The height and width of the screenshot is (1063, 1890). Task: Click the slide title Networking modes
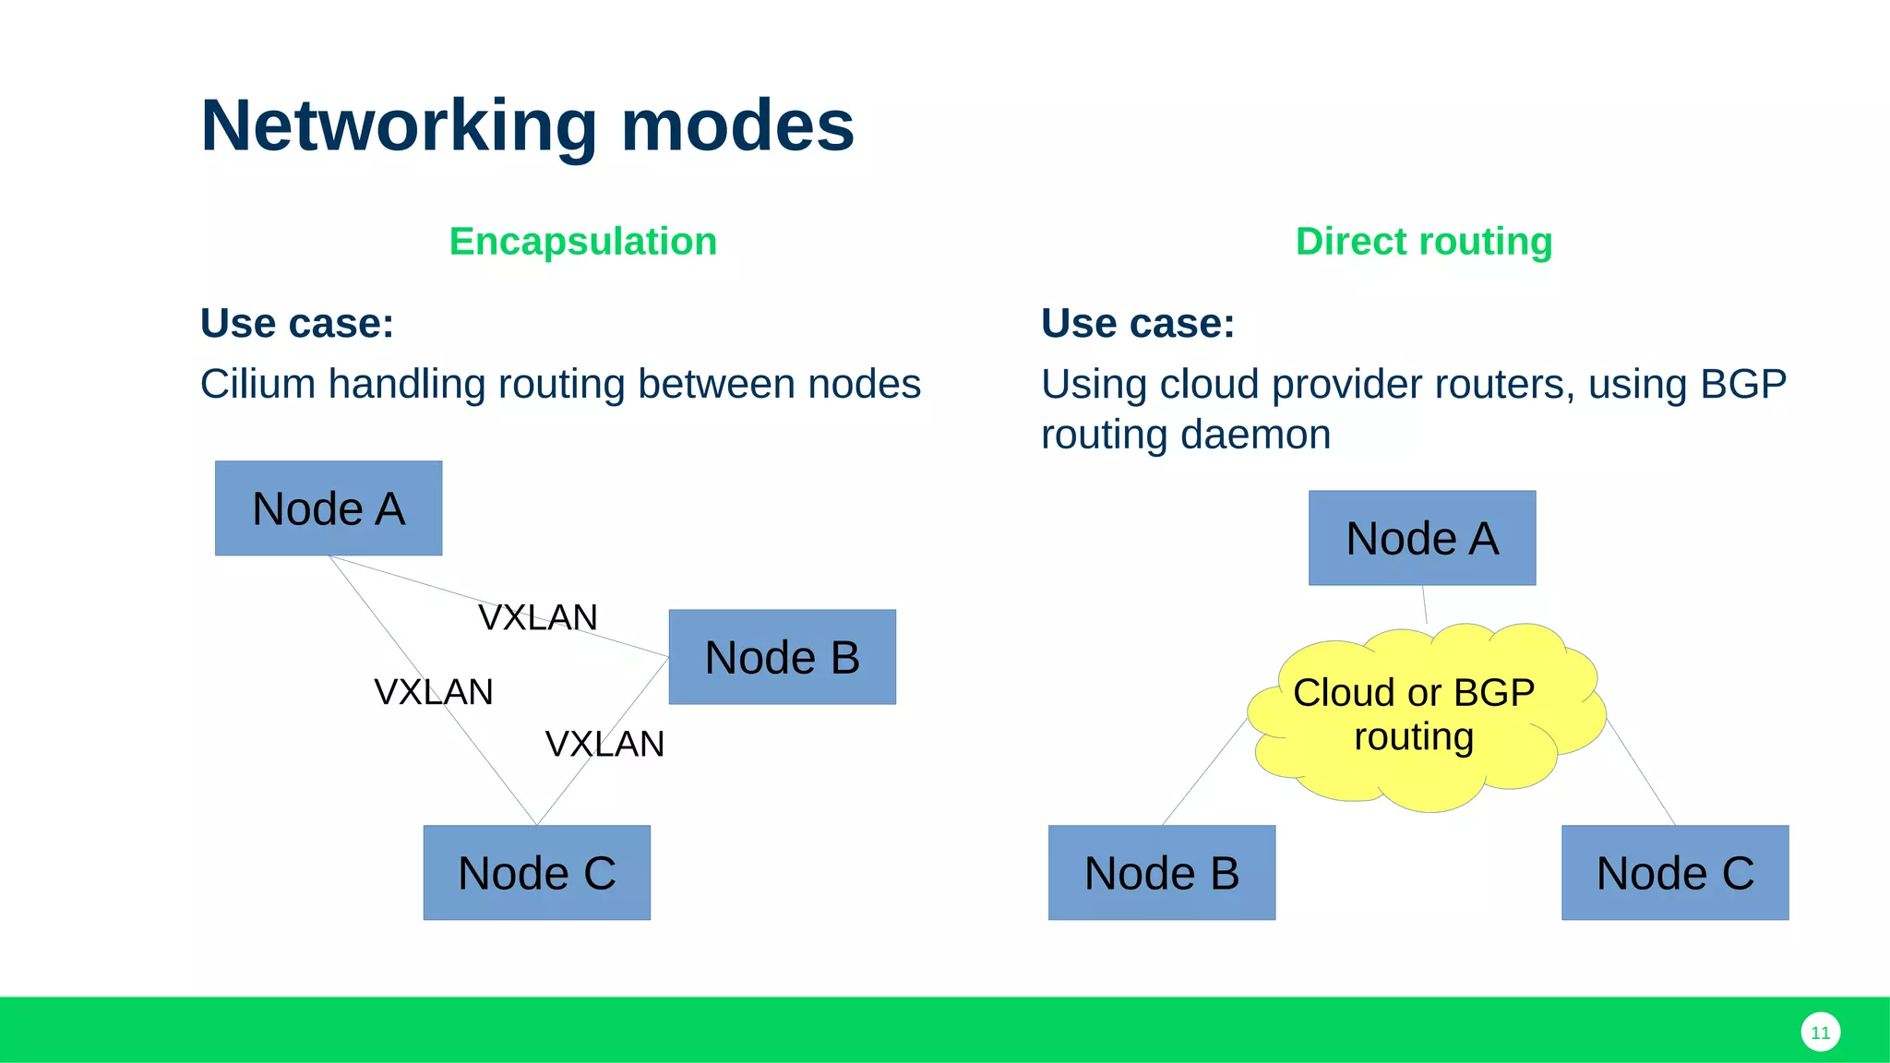tap(527, 125)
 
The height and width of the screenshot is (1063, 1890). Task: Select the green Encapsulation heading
tap(582, 242)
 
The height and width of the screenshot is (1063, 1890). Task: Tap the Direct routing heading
tap(1423, 242)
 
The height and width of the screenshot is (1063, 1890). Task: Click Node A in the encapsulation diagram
tap(329, 508)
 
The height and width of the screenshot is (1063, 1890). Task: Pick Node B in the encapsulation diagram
tap(782, 657)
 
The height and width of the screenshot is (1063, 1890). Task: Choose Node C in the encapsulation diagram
tap(536, 873)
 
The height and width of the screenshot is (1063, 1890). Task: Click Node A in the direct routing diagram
tap(1421, 538)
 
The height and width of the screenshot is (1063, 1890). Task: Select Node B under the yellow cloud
tap(1161, 873)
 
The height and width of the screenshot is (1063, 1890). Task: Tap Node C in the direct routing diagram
tap(1674, 873)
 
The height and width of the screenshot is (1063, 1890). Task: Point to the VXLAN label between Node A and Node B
tap(538, 617)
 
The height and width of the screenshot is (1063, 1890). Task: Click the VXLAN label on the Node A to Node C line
tap(433, 692)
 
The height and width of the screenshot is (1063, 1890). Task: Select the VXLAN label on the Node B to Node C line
tap(604, 744)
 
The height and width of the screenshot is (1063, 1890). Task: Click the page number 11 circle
tap(1820, 1033)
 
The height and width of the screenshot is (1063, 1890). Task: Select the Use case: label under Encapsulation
tap(296, 324)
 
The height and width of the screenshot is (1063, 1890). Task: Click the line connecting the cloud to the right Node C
tap(1641, 771)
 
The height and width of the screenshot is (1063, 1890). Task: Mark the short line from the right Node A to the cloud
tap(1425, 605)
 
